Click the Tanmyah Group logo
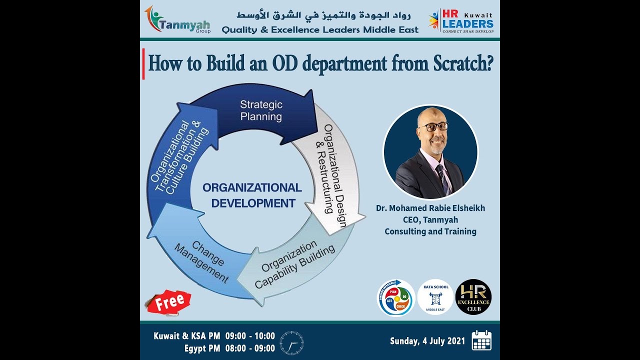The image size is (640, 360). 177,20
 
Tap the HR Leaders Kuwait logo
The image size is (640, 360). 461,20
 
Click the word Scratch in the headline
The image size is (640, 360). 461,63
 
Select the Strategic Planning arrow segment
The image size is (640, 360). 260,110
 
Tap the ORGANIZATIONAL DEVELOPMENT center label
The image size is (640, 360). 252,195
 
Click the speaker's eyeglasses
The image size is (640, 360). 433,126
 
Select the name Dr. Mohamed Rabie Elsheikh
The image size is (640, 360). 430,208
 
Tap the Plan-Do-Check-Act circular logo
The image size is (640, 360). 395,298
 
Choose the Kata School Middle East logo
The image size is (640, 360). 435,297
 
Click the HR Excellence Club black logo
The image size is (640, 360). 473,297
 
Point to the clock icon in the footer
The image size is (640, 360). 291,342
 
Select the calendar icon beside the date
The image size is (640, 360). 481,340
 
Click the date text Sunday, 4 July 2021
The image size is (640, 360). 427,341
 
